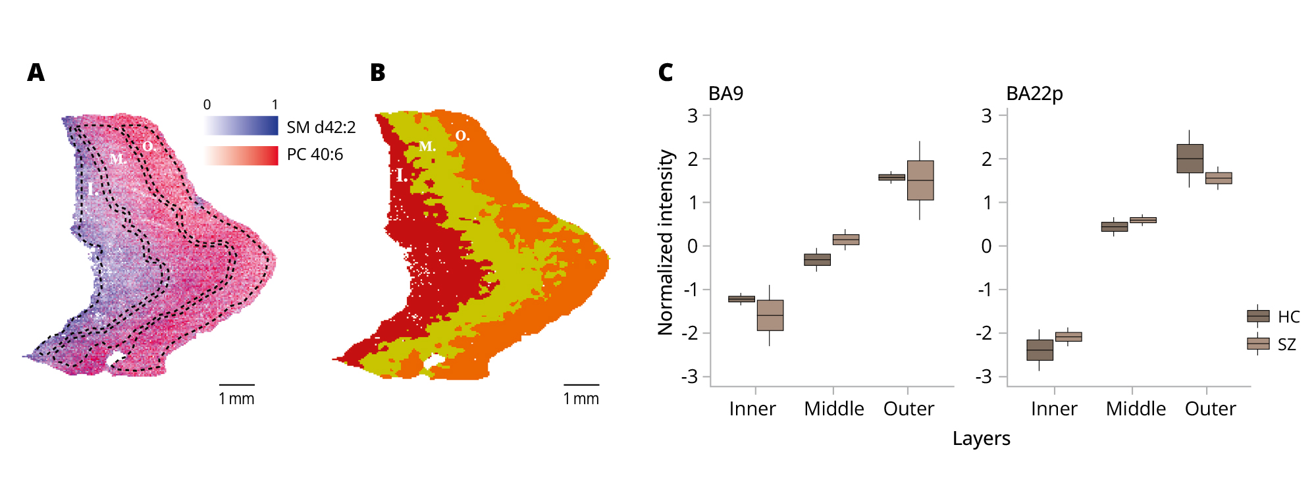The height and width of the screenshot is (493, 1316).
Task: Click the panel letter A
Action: coord(36,72)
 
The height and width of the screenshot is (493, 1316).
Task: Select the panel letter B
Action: coord(378,72)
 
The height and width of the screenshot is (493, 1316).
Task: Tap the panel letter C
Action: coord(666,72)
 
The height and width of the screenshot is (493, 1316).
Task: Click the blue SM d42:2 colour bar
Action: coord(241,126)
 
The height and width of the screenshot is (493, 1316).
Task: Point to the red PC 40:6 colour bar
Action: coord(241,155)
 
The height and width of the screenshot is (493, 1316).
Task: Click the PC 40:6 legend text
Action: coord(315,155)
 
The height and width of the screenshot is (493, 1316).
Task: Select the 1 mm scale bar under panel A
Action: coord(236,384)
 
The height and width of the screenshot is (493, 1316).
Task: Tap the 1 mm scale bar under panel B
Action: coord(581,384)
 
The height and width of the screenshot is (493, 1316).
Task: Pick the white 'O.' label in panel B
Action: coord(463,136)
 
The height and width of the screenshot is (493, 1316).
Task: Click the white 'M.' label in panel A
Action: coord(118,159)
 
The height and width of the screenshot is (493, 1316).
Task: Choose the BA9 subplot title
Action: coord(725,93)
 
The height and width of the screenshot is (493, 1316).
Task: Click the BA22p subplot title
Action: coord(1034,93)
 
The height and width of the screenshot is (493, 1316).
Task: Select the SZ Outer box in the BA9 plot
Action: coord(920,180)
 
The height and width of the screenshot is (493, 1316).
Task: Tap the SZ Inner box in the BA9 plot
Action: coord(770,315)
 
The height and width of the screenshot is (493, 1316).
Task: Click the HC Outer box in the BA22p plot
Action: coord(1190,159)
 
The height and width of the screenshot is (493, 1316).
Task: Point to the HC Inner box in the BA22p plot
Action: coord(1040,350)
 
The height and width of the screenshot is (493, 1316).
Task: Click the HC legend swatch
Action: coord(1258,316)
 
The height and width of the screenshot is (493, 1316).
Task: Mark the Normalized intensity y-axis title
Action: coord(666,242)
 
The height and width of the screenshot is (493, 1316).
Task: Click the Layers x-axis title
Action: coord(981,438)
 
